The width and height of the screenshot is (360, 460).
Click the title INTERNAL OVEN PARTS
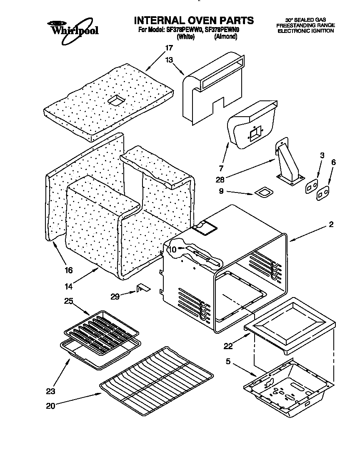pos(193,20)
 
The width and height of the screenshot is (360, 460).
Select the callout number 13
pos(169,60)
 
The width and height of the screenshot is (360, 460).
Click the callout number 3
pos(322,155)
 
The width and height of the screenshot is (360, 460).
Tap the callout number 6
pos(333,162)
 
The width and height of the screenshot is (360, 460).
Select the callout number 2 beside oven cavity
pos(331,225)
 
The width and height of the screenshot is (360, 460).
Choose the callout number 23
pos(51,391)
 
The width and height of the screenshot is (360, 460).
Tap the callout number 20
pos(50,406)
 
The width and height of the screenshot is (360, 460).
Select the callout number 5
pos(228,362)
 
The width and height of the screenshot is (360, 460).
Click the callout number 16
pos(69,270)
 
